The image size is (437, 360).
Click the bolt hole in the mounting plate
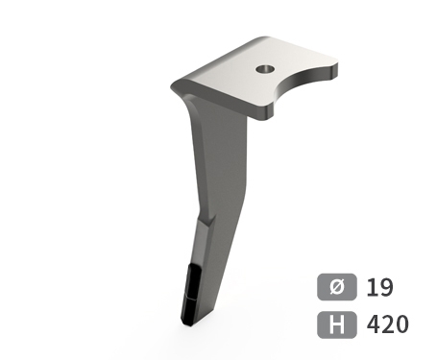coord(265,68)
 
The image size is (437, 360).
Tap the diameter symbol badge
coord(337,287)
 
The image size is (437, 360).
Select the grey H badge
coord(337,324)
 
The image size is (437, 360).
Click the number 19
coord(379,287)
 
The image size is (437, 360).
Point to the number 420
coord(388,324)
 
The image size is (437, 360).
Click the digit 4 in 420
coord(374,324)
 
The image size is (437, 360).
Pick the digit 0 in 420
coord(402,324)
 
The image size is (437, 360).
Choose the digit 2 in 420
coord(388,324)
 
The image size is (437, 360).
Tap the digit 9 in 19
coord(386,287)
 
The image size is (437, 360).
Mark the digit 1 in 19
coord(372,287)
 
